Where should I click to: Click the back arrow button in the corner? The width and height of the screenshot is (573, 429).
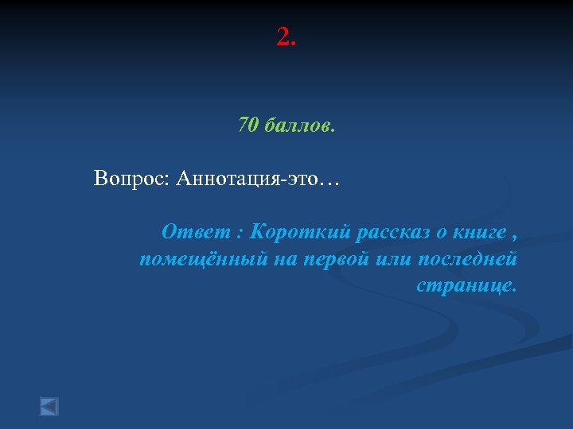49,407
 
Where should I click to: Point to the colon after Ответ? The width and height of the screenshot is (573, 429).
240,234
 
